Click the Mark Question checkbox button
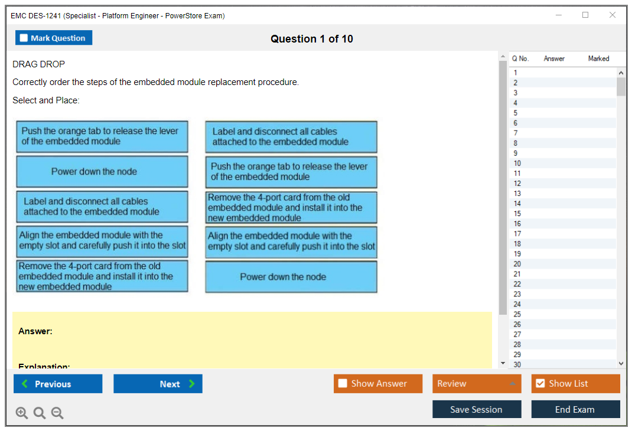[x=54, y=38]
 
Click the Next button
[x=158, y=384]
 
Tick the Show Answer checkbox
[x=343, y=383]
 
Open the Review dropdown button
[x=477, y=384]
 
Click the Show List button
[x=575, y=384]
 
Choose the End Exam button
[x=575, y=409]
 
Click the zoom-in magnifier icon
[x=22, y=413]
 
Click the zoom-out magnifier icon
[x=57, y=413]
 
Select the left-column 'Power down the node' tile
[x=102, y=172]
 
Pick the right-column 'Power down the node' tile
[x=291, y=277]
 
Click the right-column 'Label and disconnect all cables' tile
[x=291, y=137]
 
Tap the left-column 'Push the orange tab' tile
[x=102, y=136]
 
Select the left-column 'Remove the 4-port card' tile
[x=102, y=276]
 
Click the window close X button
[x=613, y=15]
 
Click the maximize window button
[x=585, y=15]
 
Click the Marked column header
[x=598, y=58]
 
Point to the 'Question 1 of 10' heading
[x=312, y=39]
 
